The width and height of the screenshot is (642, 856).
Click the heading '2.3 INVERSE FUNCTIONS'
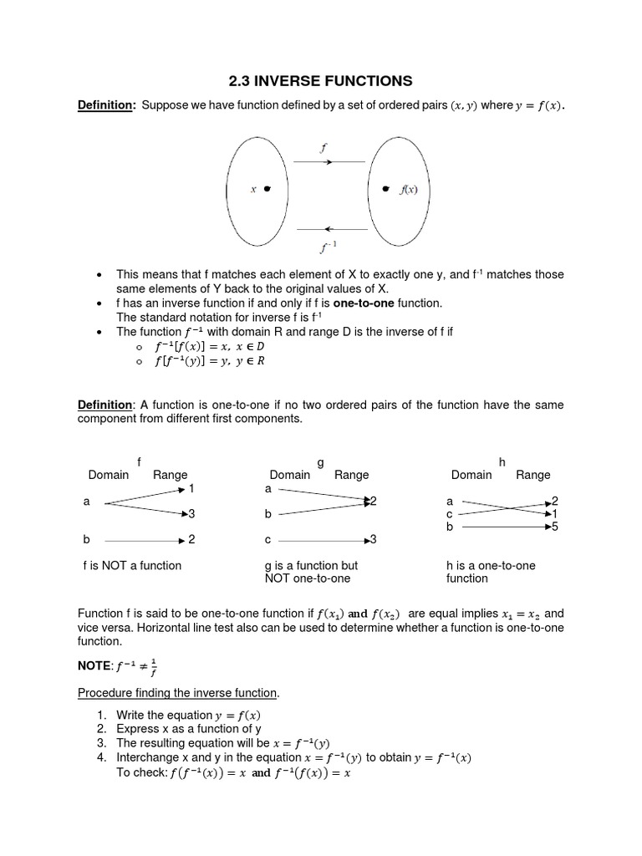pyautogui.click(x=320, y=81)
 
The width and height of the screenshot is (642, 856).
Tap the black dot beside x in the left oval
pyautogui.click(x=267, y=189)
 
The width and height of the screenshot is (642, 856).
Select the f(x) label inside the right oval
pyautogui.click(x=408, y=189)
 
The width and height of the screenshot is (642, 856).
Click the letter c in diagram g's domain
pyautogui.click(x=268, y=539)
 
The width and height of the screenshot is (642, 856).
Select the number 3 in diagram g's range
pyautogui.click(x=374, y=539)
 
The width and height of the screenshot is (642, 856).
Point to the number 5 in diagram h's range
pyautogui.click(x=555, y=527)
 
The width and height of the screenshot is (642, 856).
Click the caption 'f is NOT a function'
pyautogui.click(x=132, y=565)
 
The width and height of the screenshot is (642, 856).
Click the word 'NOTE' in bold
pyautogui.click(x=94, y=667)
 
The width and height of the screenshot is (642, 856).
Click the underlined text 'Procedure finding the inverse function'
pyautogui.click(x=178, y=693)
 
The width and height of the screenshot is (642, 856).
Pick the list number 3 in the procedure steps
pyautogui.click(x=101, y=742)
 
